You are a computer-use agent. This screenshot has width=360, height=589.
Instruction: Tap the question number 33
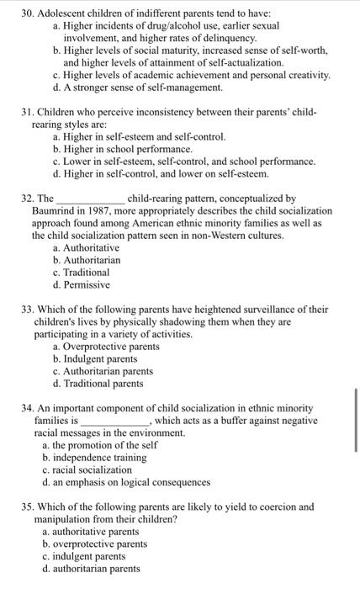[x=28, y=309]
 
